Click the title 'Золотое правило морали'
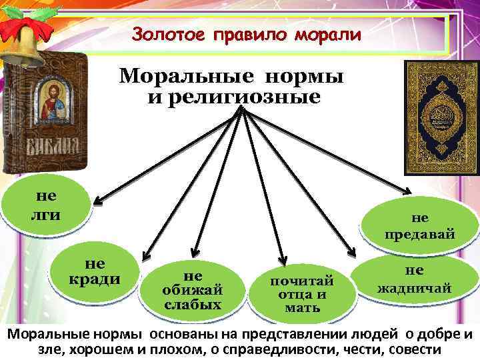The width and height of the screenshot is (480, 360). tap(246, 33)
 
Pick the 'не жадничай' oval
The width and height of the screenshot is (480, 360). tap(414, 279)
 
